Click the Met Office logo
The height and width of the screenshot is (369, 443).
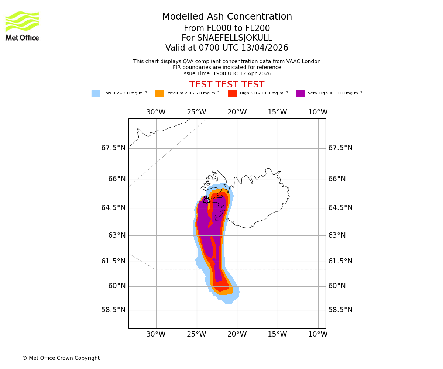click(x=22, y=26)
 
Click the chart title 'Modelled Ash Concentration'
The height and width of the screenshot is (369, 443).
click(x=227, y=17)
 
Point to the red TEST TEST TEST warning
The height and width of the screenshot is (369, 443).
click(x=227, y=85)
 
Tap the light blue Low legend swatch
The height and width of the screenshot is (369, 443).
click(x=96, y=94)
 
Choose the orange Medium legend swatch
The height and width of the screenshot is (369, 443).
click(x=159, y=94)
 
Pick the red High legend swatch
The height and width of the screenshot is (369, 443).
click(x=232, y=94)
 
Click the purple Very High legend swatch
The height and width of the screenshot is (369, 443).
click(x=300, y=94)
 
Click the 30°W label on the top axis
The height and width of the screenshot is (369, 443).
click(x=156, y=112)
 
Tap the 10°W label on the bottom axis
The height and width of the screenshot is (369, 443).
click(x=318, y=334)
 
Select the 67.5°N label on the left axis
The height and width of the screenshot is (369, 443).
click(x=113, y=148)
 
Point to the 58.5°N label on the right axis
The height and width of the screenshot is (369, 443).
click(x=340, y=310)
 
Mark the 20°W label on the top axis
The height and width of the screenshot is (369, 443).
click(x=237, y=112)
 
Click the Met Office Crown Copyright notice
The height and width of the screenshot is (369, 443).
click(x=61, y=358)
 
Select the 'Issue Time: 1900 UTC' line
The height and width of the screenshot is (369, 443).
click(x=227, y=73)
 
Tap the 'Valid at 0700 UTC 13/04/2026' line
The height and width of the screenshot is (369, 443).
click(x=227, y=48)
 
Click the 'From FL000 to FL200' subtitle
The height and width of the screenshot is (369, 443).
click(x=227, y=28)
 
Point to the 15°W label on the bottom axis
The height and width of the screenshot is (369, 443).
click(x=277, y=334)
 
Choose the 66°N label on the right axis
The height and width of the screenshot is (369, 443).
click(x=337, y=179)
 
